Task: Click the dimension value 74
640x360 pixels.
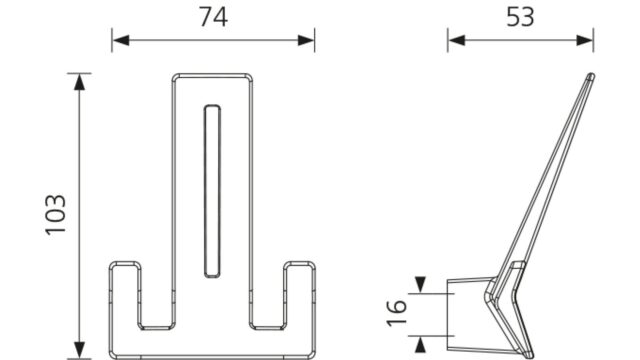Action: point(213,18)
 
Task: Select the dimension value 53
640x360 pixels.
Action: point(520,18)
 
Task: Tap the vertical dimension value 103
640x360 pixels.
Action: point(56,215)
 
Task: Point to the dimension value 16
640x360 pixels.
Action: point(397,313)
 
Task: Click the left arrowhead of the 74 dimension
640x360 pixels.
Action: point(120,40)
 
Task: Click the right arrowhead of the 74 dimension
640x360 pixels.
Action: point(306,40)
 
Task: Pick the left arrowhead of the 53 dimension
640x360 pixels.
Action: point(456,40)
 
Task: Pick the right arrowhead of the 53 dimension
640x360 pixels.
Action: point(585,40)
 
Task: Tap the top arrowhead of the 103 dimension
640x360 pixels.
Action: point(80,82)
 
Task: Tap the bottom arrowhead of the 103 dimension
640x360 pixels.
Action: point(80,351)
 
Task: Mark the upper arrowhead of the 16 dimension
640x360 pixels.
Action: point(420,284)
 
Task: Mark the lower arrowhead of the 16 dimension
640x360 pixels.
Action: point(420,344)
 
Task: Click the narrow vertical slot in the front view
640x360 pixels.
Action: point(212,191)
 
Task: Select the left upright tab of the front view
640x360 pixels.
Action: point(125,294)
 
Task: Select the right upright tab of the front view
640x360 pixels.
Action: point(300,294)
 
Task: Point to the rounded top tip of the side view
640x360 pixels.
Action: point(590,76)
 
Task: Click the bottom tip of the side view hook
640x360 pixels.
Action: point(529,354)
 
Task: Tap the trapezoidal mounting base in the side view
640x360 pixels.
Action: point(469,315)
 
